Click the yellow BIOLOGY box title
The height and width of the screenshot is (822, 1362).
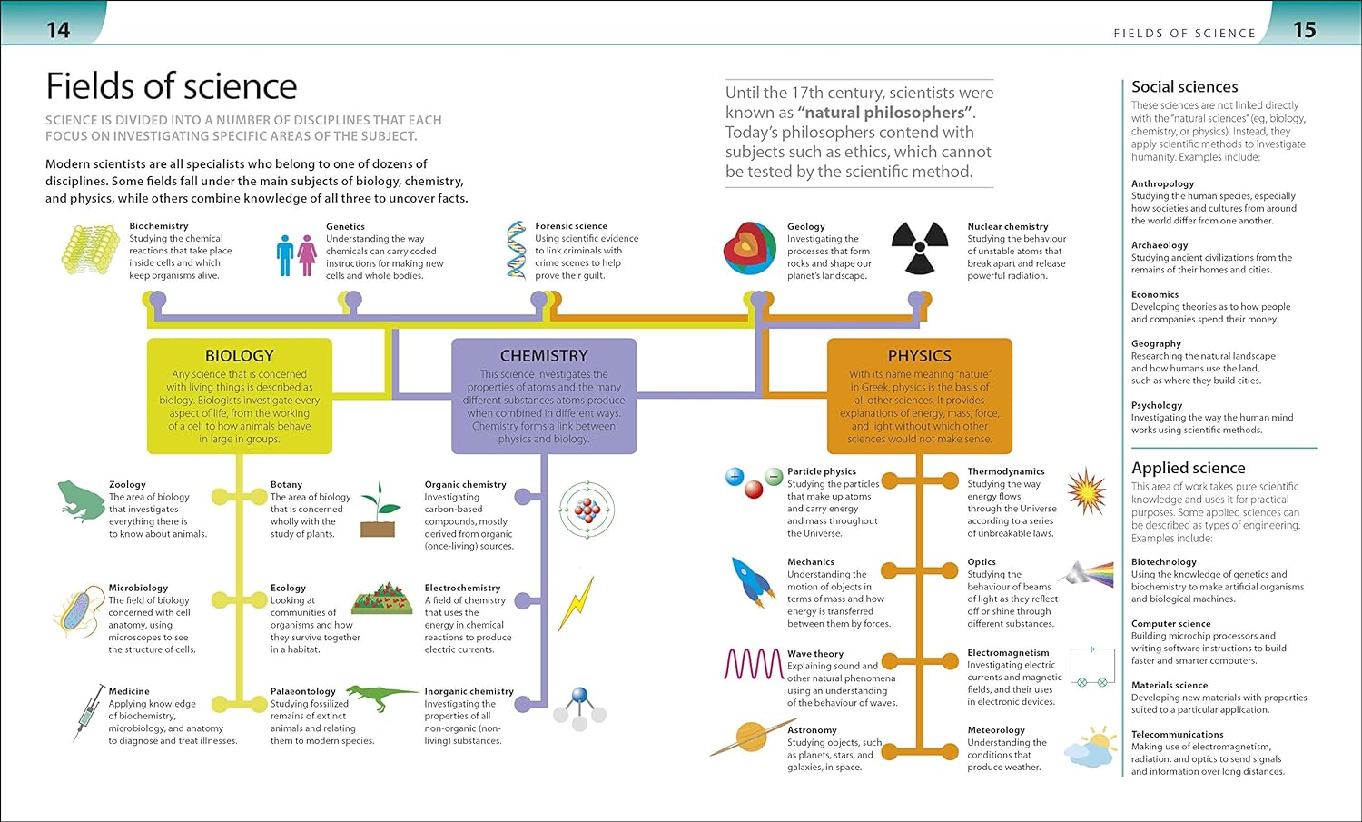(239, 356)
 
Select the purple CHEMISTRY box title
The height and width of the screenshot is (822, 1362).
(544, 356)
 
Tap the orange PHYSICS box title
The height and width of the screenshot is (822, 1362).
(919, 356)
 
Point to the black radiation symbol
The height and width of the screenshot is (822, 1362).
(919, 248)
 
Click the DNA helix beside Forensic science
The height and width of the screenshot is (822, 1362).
(517, 249)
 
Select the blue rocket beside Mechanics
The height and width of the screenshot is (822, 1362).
(753, 581)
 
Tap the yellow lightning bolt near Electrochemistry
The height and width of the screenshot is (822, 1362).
(576, 604)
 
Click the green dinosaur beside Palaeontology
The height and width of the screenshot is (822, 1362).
(381, 698)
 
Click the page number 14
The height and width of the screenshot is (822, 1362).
(58, 31)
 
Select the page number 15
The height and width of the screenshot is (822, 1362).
(1304, 30)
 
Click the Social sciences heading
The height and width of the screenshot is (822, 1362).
(1184, 87)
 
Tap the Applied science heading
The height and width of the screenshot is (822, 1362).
(1188, 468)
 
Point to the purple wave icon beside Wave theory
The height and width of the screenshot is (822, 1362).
(753, 664)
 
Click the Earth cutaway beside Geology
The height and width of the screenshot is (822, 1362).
(750, 249)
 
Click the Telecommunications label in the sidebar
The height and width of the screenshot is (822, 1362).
(1177, 734)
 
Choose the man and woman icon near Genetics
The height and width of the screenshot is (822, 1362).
(296, 255)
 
